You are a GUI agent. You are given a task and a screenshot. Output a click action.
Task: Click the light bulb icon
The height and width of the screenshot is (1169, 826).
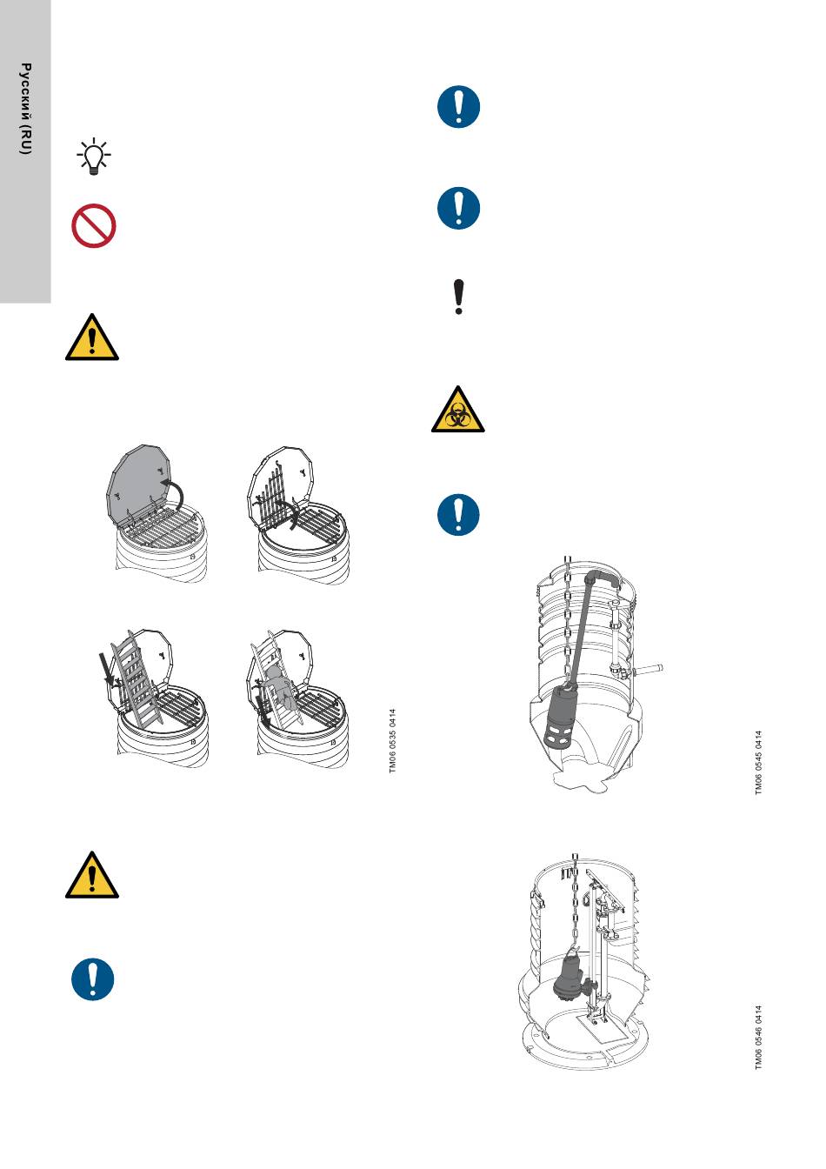click(x=93, y=156)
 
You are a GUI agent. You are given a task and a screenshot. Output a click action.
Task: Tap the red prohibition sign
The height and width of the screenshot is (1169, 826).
click(x=93, y=225)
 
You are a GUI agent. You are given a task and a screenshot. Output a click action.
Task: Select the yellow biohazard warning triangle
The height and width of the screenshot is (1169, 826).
click(x=457, y=410)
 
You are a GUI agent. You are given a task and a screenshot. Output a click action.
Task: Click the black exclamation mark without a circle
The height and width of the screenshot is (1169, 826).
click(x=459, y=297)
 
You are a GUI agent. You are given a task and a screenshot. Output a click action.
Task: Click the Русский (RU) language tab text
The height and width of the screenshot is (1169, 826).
click(x=25, y=109)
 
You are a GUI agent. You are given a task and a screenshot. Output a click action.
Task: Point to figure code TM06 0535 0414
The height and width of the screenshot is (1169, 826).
click(x=392, y=740)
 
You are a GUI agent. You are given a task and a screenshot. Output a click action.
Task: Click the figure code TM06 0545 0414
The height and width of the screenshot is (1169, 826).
click(x=758, y=763)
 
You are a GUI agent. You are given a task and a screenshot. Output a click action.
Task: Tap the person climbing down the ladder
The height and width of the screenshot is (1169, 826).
click(x=281, y=687)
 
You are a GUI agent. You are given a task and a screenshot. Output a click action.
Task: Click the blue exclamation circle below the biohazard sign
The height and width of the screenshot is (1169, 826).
click(x=458, y=514)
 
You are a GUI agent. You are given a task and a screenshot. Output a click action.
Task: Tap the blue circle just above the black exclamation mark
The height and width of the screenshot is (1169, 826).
click(x=458, y=208)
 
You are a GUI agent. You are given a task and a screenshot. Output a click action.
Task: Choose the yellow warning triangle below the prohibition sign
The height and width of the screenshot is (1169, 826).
click(x=92, y=337)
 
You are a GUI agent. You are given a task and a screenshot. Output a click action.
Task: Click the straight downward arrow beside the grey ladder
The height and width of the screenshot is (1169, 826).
click(x=106, y=669)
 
